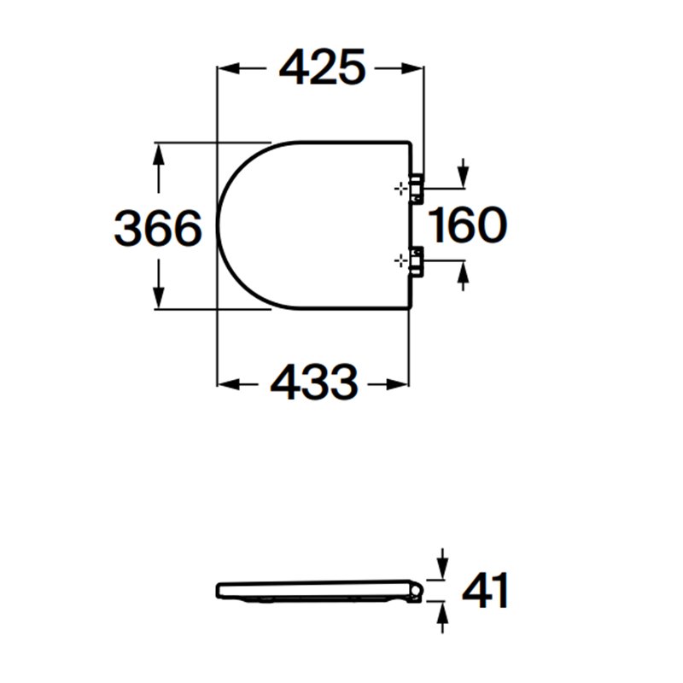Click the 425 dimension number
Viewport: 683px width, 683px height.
322,67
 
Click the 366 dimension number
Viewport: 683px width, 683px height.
158,228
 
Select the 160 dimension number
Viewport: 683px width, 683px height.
467,225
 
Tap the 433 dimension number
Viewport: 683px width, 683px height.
314,382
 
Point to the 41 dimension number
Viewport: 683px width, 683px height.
485,591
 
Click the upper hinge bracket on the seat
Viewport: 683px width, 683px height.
416,188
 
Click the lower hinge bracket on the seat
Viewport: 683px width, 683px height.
416,261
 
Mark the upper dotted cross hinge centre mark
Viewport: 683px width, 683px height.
400,189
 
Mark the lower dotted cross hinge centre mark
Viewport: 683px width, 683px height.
400,261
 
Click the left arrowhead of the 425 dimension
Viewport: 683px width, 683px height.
229,68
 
